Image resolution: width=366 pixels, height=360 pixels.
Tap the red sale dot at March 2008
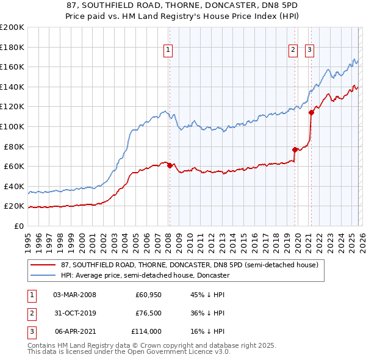pyautogui.click(x=170, y=165)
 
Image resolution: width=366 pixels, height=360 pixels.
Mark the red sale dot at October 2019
pyautogui.click(x=295, y=149)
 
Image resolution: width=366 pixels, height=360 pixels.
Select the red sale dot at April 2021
pyautogui.click(x=310, y=112)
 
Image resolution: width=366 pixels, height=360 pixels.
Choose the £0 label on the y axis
pyautogui.click(x=20, y=226)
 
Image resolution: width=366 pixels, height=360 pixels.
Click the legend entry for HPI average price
pyautogui.click(x=145, y=275)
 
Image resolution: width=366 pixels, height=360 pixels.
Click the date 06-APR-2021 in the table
pyautogui.click(x=74, y=331)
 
